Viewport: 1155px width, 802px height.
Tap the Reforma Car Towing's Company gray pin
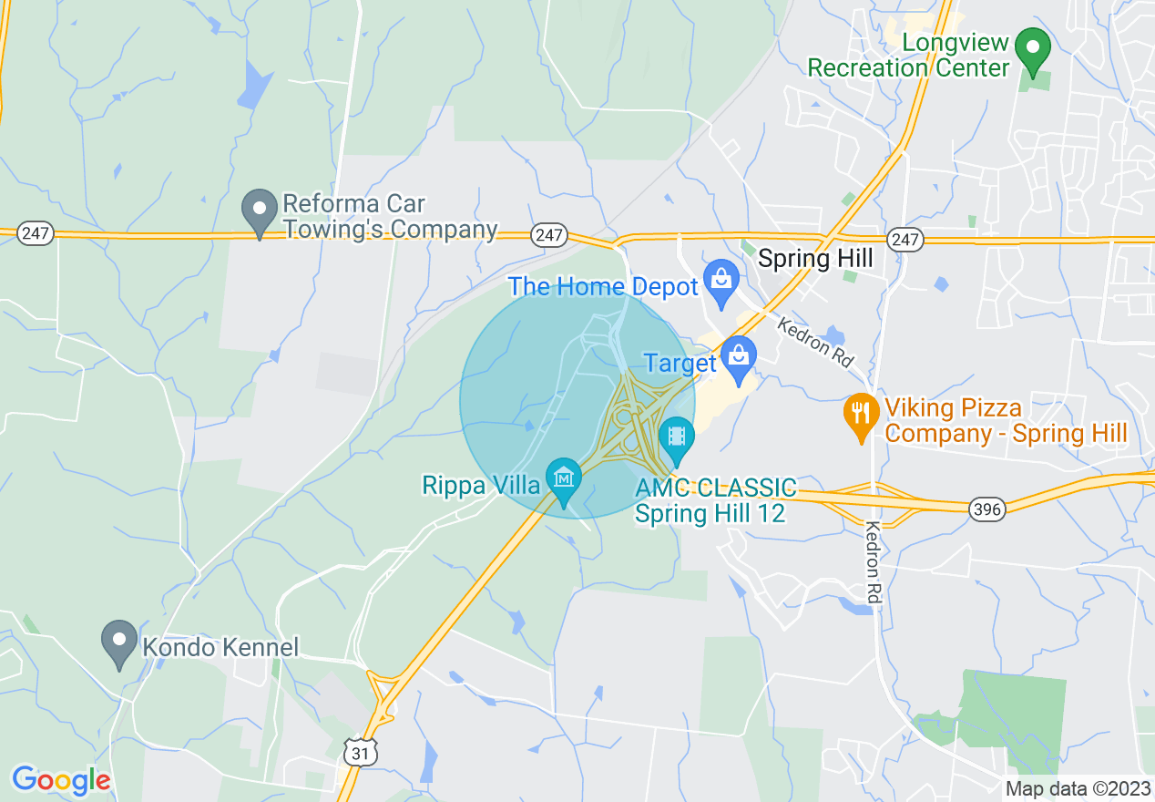(x=260, y=211)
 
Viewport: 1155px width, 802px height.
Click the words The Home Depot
(x=603, y=287)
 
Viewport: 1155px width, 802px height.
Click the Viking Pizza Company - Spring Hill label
(x=1006, y=420)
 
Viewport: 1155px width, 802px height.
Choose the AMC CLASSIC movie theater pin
(x=676, y=437)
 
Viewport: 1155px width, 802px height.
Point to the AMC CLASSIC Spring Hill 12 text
(x=715, y=500)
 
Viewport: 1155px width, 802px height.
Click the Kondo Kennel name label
(x=220, y=648)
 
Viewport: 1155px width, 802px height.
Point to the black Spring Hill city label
(x=815, y=259)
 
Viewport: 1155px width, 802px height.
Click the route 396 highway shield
(x=987, y=509)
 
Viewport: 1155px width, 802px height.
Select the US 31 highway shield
(x=360, y=752)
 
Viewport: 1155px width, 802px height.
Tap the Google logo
(x=61, y=780)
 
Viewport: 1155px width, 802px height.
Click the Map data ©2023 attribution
(x=1078, y=788)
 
